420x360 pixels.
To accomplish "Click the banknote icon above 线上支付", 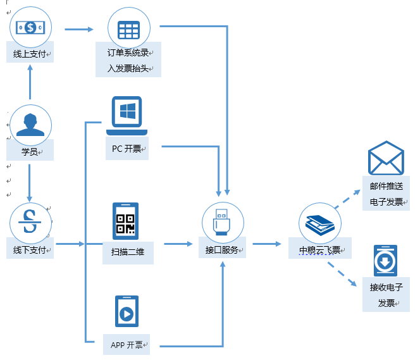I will [30, 27].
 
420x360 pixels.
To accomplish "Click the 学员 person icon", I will [30, 124].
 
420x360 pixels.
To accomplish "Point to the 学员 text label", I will [30, 152].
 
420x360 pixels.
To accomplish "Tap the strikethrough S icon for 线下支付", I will [30, 223].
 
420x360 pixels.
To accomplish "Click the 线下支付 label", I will [30, 250].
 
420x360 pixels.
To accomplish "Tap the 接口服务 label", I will [222, 250].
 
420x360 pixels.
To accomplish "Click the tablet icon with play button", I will [127, 311].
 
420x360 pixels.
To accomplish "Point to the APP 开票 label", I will [127, 345].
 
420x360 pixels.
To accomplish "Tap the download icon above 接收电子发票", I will [385, 261].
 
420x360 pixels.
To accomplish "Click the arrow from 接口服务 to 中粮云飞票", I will [269, 244].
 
